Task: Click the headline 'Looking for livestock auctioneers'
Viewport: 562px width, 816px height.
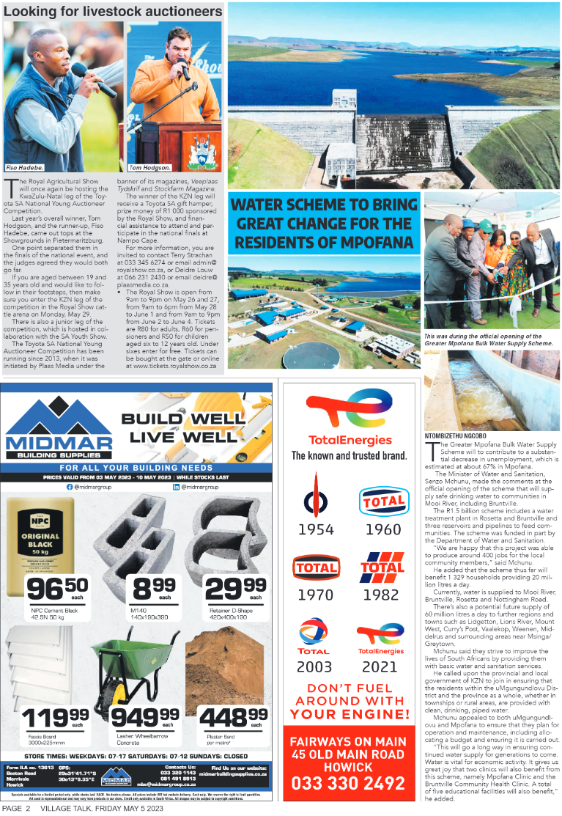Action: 113,12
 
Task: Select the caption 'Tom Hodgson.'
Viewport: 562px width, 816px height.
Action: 149,167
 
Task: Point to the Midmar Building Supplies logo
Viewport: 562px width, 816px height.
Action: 59,433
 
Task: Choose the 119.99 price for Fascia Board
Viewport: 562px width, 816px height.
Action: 56,720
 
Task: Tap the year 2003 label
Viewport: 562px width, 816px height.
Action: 314,666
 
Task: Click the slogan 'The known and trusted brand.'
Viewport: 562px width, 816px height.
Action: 349,455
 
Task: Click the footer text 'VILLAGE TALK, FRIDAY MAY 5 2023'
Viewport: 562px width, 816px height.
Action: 102,809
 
